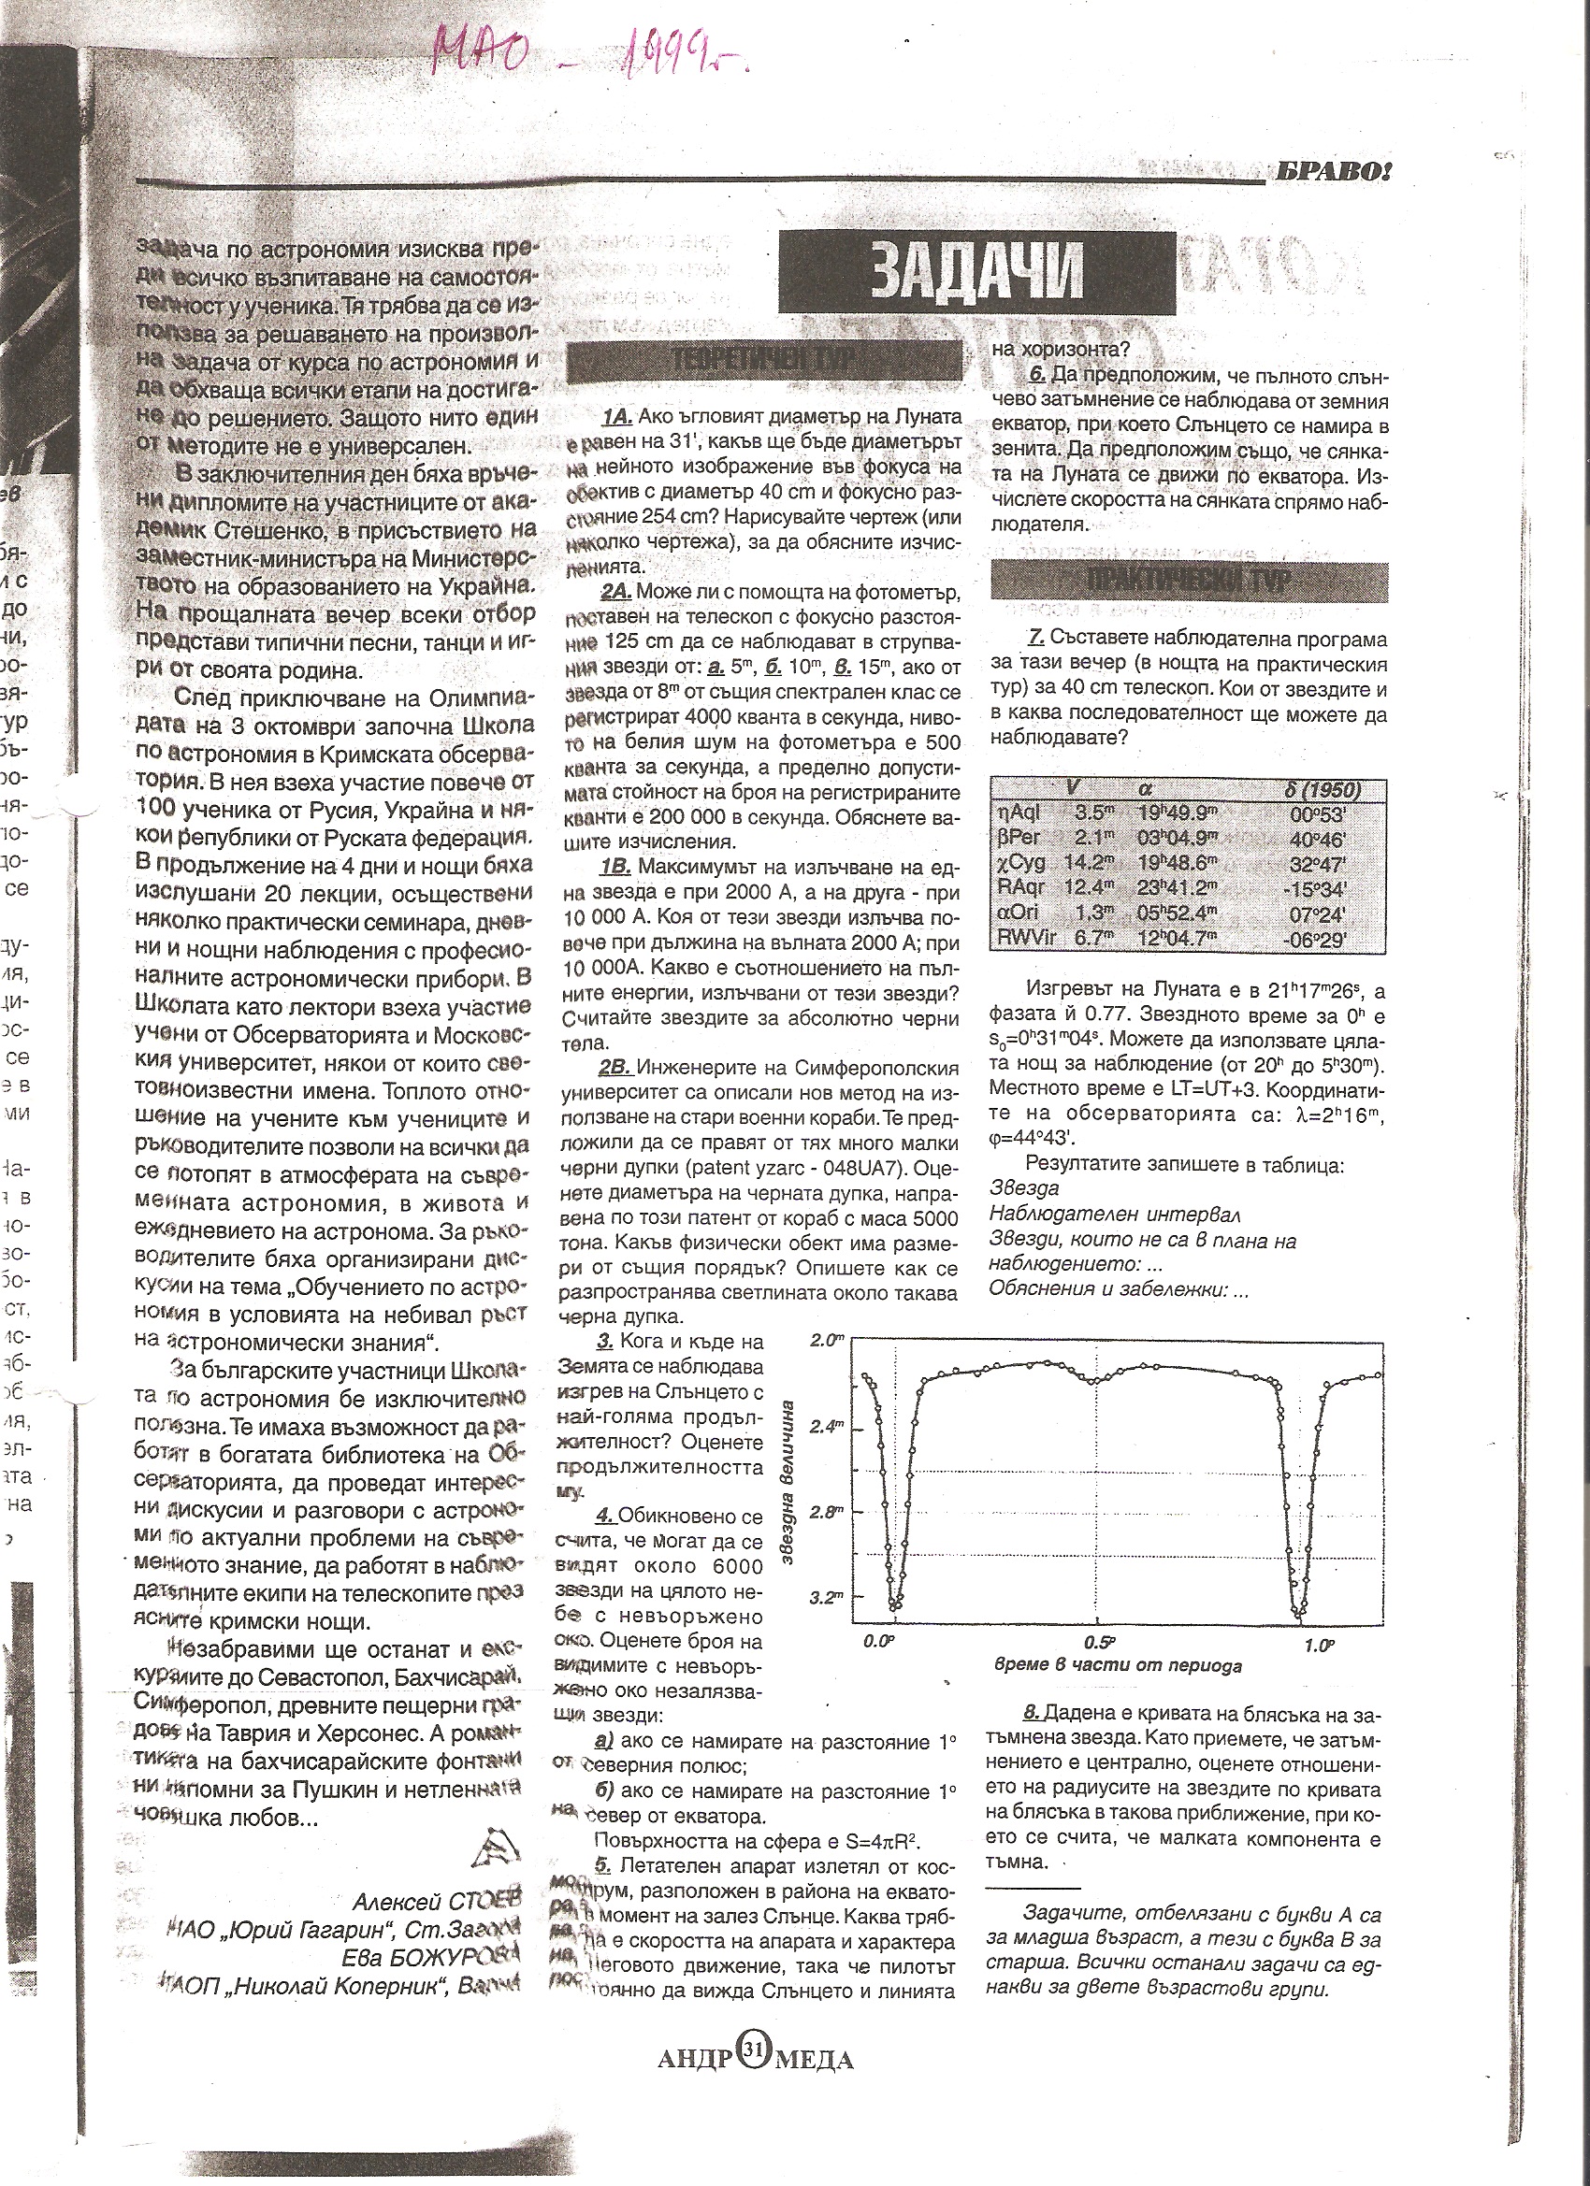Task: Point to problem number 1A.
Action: point(616,416)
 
